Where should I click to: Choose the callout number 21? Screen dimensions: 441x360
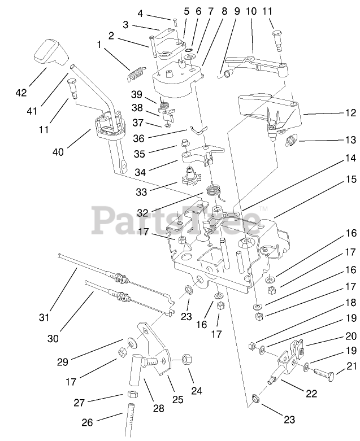(351, 367)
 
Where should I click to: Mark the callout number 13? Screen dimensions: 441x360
(350, 139)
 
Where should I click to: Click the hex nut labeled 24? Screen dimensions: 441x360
(188, 359)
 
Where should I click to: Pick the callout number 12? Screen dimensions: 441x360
(350, 113)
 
